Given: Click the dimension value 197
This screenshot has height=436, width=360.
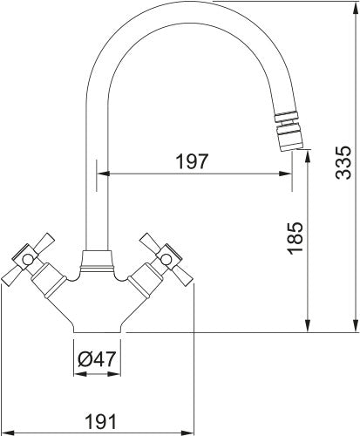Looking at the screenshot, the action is (x=193, y=161).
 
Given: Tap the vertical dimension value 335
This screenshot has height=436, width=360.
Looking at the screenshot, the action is (x=343, y=162).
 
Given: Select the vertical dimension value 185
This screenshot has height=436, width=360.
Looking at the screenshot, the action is (x=295, y=238).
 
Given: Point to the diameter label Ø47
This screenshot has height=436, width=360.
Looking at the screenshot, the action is (x=97, y=359).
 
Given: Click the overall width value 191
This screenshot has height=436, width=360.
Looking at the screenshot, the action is (x=100, y=421).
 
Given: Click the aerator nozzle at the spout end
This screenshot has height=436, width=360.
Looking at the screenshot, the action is (x=289, y=133).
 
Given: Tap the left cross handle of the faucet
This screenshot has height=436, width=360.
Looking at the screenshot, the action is (x=28, y=258).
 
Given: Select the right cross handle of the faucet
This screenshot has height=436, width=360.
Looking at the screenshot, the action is (x=166, y=259).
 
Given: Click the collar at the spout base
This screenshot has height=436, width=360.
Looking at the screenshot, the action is (x=97, y=261).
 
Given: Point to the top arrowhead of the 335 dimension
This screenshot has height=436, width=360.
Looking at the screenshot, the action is (x=356, y=8).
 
